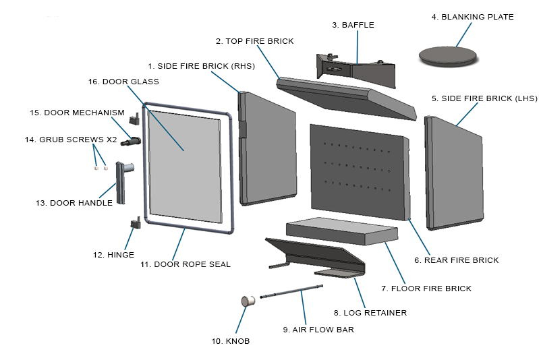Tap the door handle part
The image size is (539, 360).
pyautogui.click(x=122, y=182)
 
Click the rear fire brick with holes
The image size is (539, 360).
pyautogui.click(x=358, y=172)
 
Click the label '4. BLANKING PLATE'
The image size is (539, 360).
pyautogui.click(x=477, y=17)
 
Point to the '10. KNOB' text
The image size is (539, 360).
pyautogui.click(x=230, y=341)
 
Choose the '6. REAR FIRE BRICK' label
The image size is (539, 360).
pyautogui.click(x=457, y=260)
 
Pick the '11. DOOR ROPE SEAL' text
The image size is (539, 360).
pyautogui.click(x=185, y=264)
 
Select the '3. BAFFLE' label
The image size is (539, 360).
pyautogui.click(x=353, y=25)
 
